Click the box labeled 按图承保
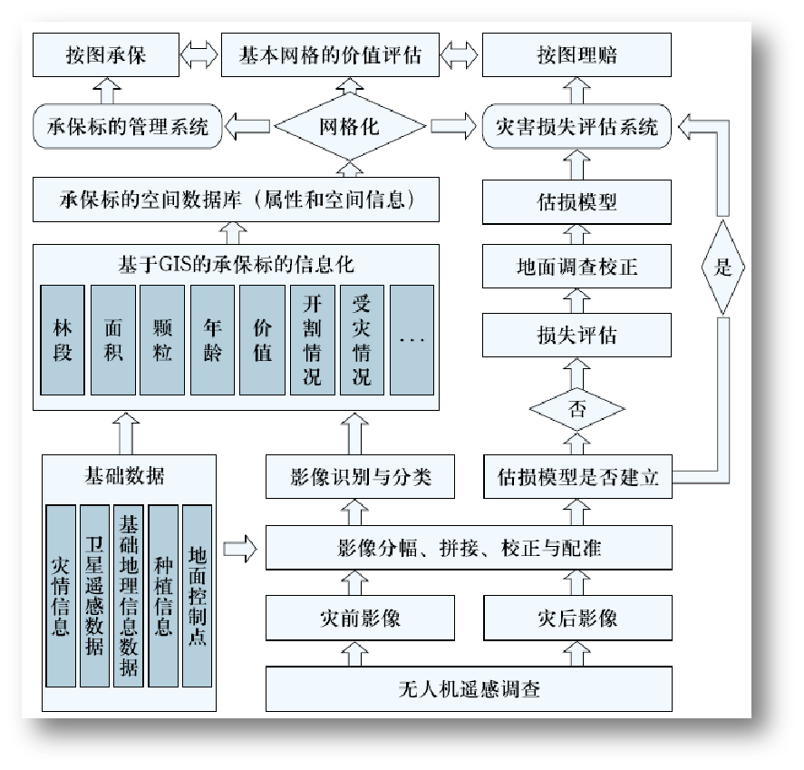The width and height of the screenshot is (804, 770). click(106, 55)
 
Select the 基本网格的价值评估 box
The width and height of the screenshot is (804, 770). click(330, 55)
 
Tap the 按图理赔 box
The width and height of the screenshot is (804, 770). click(576, 55)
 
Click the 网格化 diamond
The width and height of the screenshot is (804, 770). click(350, 127)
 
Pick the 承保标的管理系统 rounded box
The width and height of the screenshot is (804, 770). click(126, 127)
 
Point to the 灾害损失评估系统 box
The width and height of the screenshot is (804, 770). click(576, 127)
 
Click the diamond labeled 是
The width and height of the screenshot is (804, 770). click(722, 268)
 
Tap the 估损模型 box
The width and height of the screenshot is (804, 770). click(576, 201)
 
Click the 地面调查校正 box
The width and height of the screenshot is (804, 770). click(576, 268)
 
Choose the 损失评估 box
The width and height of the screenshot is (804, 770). click(576, 335)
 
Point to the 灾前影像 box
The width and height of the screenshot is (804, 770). click(360, 619)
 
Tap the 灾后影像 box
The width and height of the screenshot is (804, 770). click(576, 619)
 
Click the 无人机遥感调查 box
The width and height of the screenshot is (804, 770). click(469, 688)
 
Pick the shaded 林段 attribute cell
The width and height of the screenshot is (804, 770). click(63, 340)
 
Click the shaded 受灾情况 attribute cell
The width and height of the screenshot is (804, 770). click(362, 340)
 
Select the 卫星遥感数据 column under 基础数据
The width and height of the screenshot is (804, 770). click(94, 595)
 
